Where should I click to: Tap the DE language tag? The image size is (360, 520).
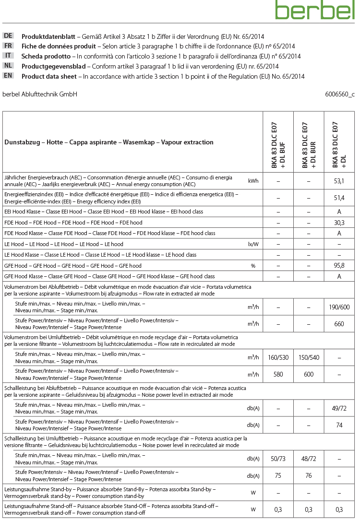point(8,36)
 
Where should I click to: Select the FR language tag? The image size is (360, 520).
point(8,46)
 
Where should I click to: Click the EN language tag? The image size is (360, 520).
point(8,76)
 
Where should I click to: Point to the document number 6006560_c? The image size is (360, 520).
point(339,95)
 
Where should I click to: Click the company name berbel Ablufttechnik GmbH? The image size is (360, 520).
point(40,95)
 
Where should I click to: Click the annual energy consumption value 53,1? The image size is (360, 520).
point(339,181)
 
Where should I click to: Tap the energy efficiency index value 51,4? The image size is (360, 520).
point(339,198)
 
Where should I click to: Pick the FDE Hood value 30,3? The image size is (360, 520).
point(339,223)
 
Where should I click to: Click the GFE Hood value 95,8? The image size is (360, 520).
point(339,265)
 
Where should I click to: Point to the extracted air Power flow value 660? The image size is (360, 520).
point(339,324)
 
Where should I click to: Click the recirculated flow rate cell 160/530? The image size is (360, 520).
point(278,358)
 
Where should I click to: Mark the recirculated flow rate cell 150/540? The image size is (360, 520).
point(309,358)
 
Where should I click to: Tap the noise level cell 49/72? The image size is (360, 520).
point(339,408)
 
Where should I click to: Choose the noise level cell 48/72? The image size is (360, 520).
point(309,459)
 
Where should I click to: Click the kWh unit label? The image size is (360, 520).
point(253,181)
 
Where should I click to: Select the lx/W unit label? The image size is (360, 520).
point(253,244)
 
